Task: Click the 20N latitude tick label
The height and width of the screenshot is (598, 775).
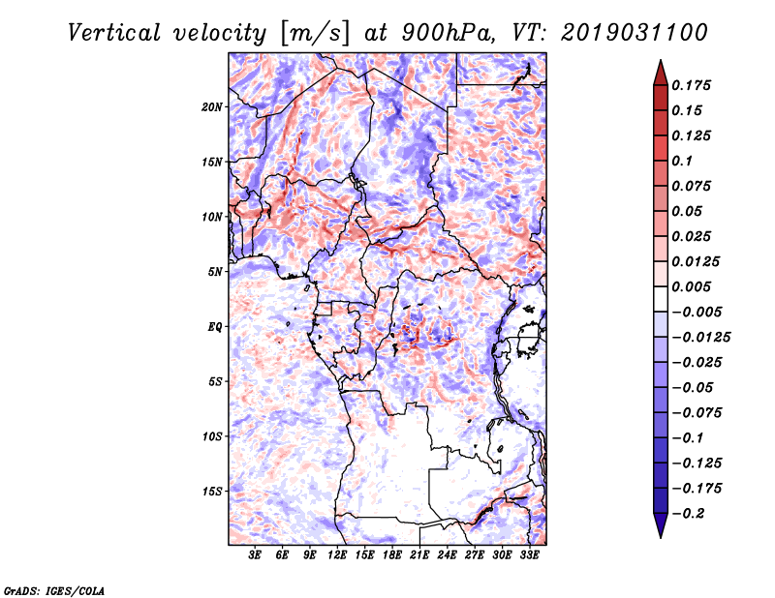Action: (212, 107)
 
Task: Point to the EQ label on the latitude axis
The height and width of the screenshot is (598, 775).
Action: (215, 327)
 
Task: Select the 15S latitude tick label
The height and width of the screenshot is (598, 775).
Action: (212, 492)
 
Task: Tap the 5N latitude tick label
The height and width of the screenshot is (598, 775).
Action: (215, 272)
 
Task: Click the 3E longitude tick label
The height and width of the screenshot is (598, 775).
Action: (255, 555)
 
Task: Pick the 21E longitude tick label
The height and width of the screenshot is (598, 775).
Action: (419, 555)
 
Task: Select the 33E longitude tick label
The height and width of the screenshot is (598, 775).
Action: (529, 555)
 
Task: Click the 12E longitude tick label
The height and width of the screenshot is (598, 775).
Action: (337, 555)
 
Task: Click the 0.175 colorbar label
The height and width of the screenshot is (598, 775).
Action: (691, 85)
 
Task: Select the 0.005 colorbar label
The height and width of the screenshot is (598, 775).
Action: (691, 286)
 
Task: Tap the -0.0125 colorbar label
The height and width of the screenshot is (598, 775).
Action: (700, 338)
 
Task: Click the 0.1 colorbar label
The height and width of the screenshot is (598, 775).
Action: (682, 161)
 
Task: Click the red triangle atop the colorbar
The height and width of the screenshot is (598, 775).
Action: (661, 74)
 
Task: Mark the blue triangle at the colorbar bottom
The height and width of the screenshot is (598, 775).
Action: (661, 525)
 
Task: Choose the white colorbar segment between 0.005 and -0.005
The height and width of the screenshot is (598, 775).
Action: (661, 299)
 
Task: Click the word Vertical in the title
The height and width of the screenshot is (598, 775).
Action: (113, 33)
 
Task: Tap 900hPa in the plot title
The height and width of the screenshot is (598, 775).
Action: (448, 33)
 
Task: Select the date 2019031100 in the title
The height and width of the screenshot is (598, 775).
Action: (635, 33)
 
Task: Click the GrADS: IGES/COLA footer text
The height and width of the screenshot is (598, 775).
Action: (54, 590)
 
